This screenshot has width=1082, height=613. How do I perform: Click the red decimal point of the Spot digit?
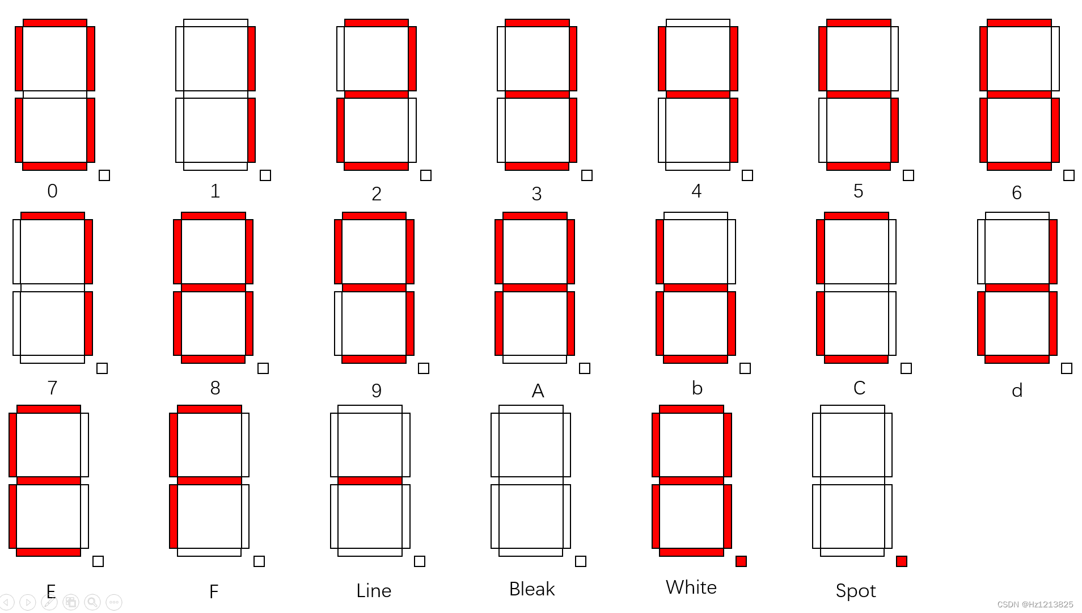(x=901, y=561)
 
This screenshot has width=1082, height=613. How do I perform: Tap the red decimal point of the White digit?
(x=741, y=561)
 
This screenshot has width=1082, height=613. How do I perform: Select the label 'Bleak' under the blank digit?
(x=531, y=589)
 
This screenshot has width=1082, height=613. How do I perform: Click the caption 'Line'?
(x=374, y=591)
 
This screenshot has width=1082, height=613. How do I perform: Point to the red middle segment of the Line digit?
(x=370, y=481)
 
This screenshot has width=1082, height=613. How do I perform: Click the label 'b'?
(x=697, y=388)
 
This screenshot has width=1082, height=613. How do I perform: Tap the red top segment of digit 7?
(x=53, y=216)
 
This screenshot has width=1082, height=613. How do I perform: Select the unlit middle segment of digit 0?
(x=55, y=94)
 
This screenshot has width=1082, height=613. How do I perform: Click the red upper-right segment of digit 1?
(x=251, y=58)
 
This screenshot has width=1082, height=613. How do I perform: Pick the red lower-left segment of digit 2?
(x=340, y=130)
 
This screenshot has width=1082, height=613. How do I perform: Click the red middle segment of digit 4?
(x=698, y=94)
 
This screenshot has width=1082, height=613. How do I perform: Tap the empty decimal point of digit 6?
(x=1068, y=175)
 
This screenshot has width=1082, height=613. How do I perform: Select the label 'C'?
(x=859, y=388)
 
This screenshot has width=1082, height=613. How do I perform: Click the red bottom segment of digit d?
(x=1017, y=359)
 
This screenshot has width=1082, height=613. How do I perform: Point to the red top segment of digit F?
(x=209, y=409)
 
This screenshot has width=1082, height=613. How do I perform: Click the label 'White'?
(x=691, y=587)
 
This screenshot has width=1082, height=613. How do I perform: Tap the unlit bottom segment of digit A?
(x=535, y=359)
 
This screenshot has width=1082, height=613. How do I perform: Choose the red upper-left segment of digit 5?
(x=822, y=58)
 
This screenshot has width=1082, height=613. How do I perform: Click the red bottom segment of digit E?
(x=49, y=552)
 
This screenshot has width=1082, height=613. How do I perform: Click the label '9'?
(x=376, y=391)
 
